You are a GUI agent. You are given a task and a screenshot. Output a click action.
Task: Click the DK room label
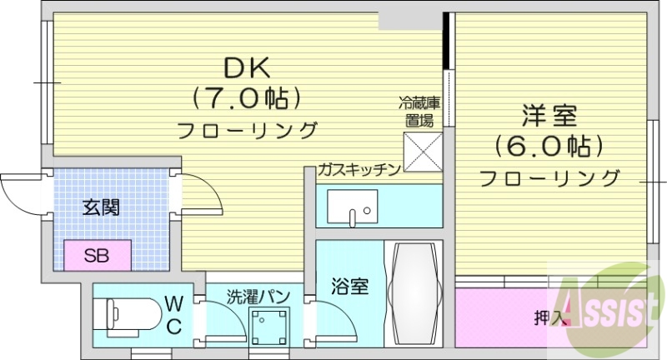(246, 67)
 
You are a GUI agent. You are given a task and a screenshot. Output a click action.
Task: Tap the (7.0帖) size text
(246, 99)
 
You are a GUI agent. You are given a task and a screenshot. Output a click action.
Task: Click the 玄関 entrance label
(100, 207)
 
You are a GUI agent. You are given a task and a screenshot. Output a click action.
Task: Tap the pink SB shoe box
(98, 253)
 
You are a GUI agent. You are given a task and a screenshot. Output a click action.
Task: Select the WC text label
(173, 313)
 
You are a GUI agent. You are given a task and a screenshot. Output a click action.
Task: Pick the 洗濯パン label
(258, 296)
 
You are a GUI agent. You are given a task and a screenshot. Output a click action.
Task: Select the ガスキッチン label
(359, 170)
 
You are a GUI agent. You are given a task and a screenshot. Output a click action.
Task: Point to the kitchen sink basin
(352, 206)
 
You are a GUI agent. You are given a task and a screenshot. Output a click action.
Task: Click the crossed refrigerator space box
(424, 151)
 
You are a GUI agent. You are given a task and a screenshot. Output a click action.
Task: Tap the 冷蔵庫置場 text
(419, 112)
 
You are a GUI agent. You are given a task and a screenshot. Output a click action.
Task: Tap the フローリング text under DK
(248, 131)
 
